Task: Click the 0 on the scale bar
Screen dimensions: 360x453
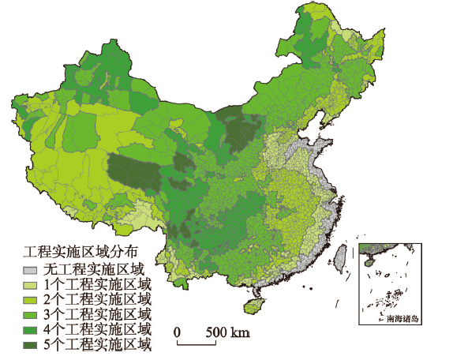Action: [x=178, y=331]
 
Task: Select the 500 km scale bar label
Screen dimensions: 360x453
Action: [x=228, y=331]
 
